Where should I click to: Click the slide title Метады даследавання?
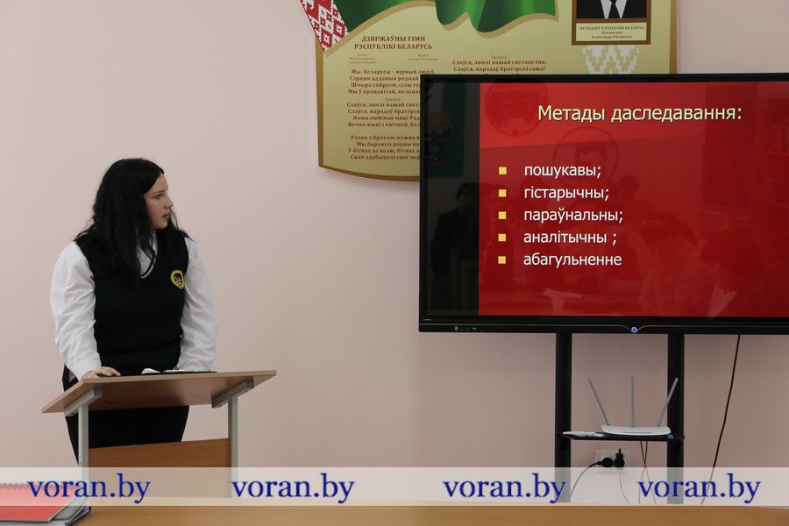point(640,113)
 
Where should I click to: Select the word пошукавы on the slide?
point(562,170)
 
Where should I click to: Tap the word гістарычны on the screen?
point(565,193)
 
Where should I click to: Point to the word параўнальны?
point(572,215)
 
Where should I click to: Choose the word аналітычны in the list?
point(565,237)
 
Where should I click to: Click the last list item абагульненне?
point(572,259)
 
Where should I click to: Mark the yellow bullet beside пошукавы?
point(502,171)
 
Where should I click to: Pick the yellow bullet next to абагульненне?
point(502,259)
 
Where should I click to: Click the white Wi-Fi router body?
point(635,430)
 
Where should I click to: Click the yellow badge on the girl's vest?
point(177,279)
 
